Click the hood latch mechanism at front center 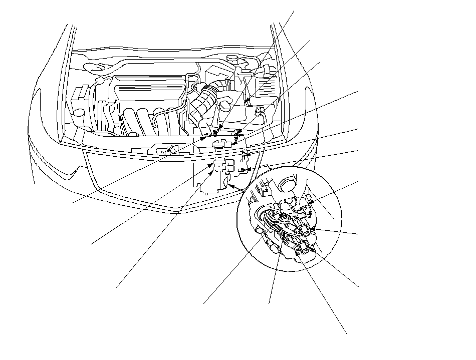pyautogui.click(x=172, y=149)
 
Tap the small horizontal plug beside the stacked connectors pyautogui.click(x=243, y=170)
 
